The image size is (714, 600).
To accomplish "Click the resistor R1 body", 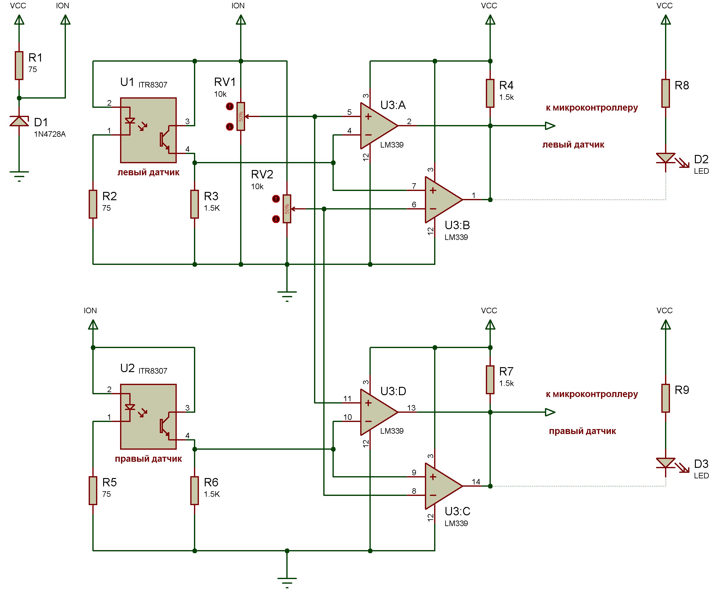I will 19,66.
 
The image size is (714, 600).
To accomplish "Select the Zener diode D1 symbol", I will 19,121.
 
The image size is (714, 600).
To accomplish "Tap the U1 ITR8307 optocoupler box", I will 148,130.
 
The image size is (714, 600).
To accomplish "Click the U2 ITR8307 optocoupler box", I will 148,417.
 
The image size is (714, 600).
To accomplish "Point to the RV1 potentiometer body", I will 241,116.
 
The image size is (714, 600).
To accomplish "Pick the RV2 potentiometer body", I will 287,209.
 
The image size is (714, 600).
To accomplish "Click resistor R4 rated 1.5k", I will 490,93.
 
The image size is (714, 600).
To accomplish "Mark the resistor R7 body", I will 490,379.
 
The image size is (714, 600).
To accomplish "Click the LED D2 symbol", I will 665,159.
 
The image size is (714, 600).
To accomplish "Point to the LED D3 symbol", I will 665,463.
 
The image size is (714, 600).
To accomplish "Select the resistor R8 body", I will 665,93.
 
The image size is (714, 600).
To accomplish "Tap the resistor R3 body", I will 195,204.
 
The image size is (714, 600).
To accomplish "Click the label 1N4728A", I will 50,134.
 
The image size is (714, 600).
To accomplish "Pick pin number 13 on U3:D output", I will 411,408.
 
